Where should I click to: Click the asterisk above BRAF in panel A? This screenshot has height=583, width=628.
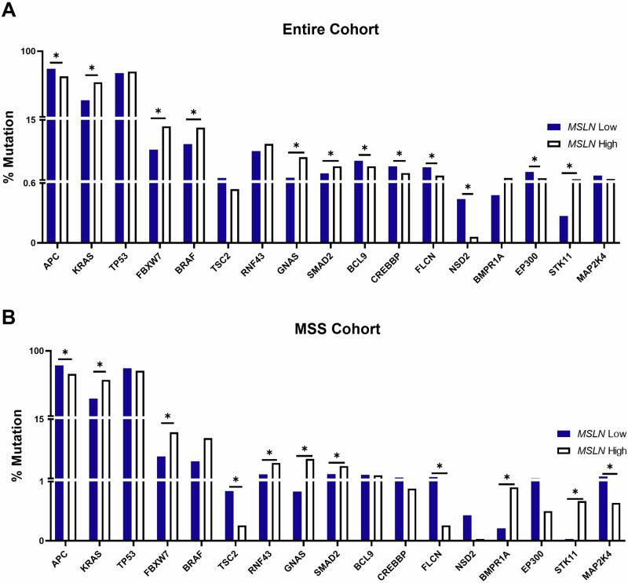click(x=194, y=112)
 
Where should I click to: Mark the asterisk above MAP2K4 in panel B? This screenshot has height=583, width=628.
click(x=609, y=466)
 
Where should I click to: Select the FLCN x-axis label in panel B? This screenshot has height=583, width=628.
click(x=433, y=559)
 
